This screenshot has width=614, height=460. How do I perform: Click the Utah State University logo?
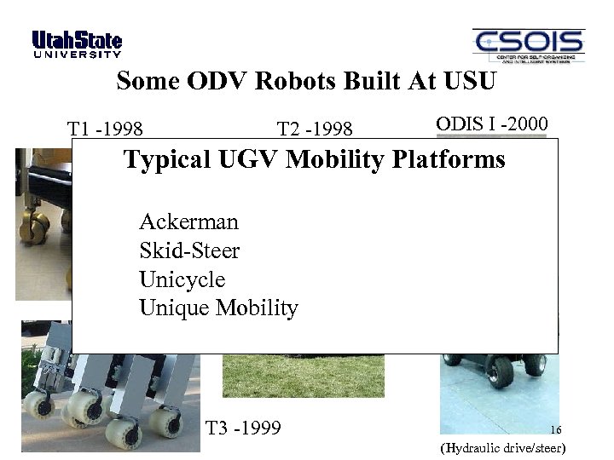click(77, 45)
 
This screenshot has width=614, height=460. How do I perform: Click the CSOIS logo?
click(528, 46)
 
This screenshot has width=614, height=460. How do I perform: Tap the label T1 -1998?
click(105, 129)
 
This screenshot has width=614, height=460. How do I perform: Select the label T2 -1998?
click(315, 129)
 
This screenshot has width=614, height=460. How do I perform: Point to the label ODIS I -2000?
click(491, 123)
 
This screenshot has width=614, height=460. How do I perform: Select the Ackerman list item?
click(188, 222)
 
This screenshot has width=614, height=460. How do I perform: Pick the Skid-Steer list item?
click(189, 251)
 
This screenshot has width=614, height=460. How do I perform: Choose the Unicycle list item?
click(182, 279)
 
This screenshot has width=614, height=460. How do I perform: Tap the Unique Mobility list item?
click(218, 308)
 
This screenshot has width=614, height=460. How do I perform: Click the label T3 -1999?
click(244, 427)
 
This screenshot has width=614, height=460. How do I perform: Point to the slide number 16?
click(556, 430)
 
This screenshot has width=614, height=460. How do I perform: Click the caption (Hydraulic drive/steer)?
click(502, 448)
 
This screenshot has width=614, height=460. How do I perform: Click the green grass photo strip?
click(303, 376)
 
